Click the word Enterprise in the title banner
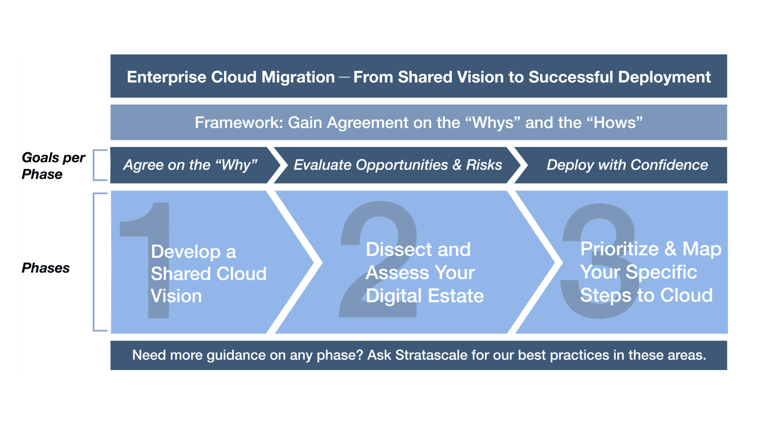click(166, 77)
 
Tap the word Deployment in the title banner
click(664, 77)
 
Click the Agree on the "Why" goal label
click(190, 165)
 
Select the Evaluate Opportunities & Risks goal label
click(398, 165)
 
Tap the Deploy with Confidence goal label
click(627, 165)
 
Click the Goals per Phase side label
click(53, 165)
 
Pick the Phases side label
click(46, 268)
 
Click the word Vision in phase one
click(176, 296)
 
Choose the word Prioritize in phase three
click(619, 249)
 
